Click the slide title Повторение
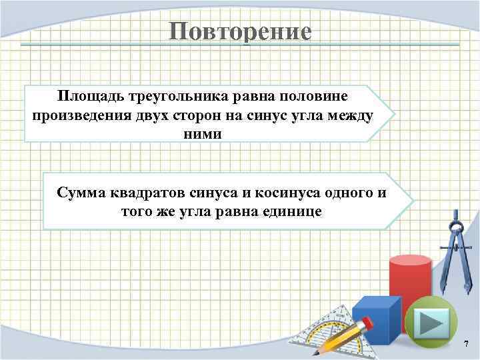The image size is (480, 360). (240, 31)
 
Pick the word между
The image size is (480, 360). (349, 115)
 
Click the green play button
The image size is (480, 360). (431, 323)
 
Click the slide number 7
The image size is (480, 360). (466, 344)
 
